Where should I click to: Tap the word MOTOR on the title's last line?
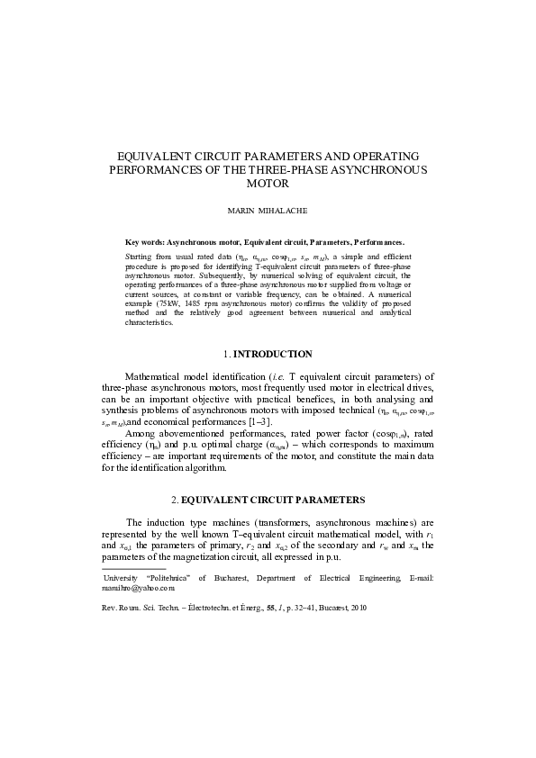tap(268, 183)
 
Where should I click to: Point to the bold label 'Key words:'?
tap(144, 242)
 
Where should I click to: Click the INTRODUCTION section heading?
tap(271, 354)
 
